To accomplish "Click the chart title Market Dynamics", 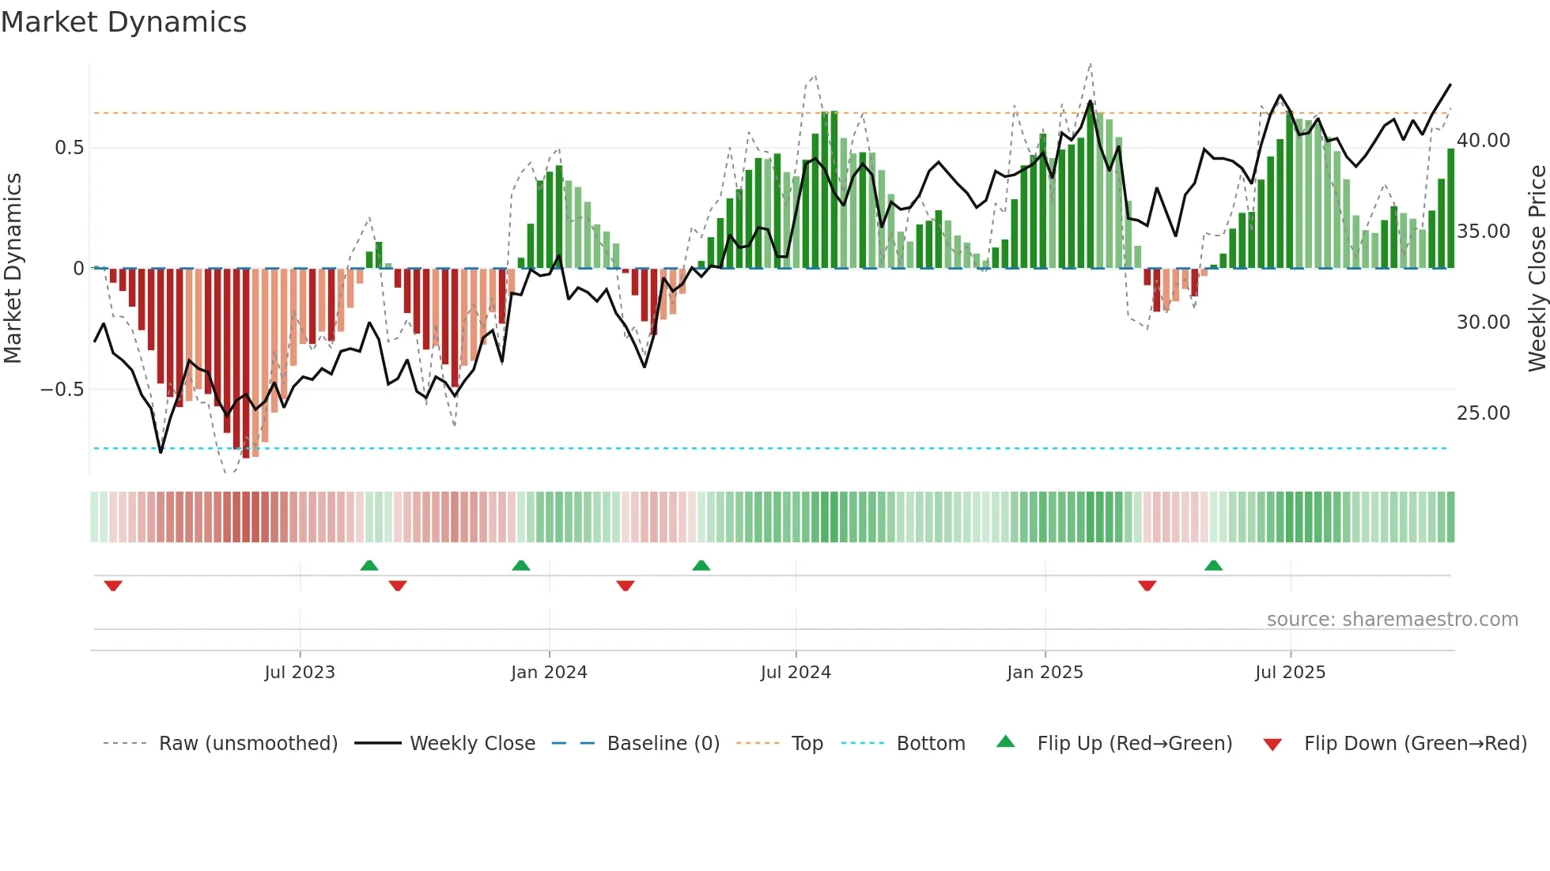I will click(123, 22).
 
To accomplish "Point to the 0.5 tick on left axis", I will click(69, 148).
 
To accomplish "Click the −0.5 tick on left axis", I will click(62, 390).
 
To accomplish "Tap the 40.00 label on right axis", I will click(1484, 141).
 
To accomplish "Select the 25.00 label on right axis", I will click(1484, 413).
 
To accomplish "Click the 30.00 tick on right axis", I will click(1484, 322).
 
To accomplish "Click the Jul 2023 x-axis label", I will click(300, 673).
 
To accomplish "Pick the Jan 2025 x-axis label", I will click(1045, 673).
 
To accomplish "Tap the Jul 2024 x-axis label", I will click(796, 673).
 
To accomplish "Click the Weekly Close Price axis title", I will click(1537, 269).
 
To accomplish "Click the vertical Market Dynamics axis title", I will click(13, 269).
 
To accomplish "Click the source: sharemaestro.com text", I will click(1392, 620).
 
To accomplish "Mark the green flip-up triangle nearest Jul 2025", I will click(1213, 565).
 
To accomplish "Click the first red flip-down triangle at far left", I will click(113, 586).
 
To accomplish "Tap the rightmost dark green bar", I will click(1450, 209).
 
